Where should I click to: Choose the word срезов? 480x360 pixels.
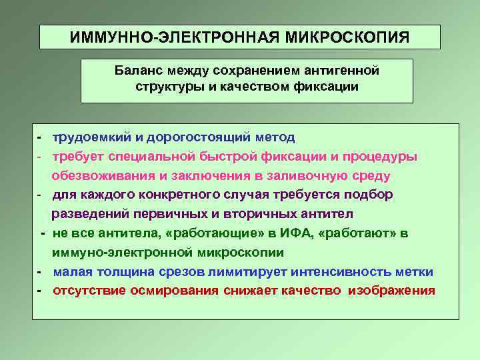point(183,272)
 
